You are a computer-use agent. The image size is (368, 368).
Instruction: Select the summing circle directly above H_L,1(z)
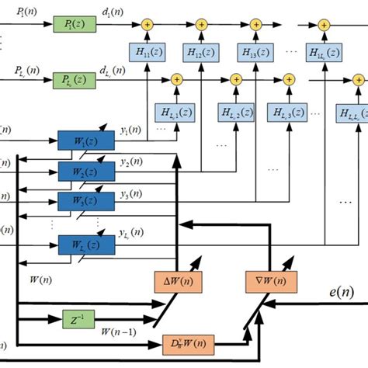(x=175, y=79)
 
